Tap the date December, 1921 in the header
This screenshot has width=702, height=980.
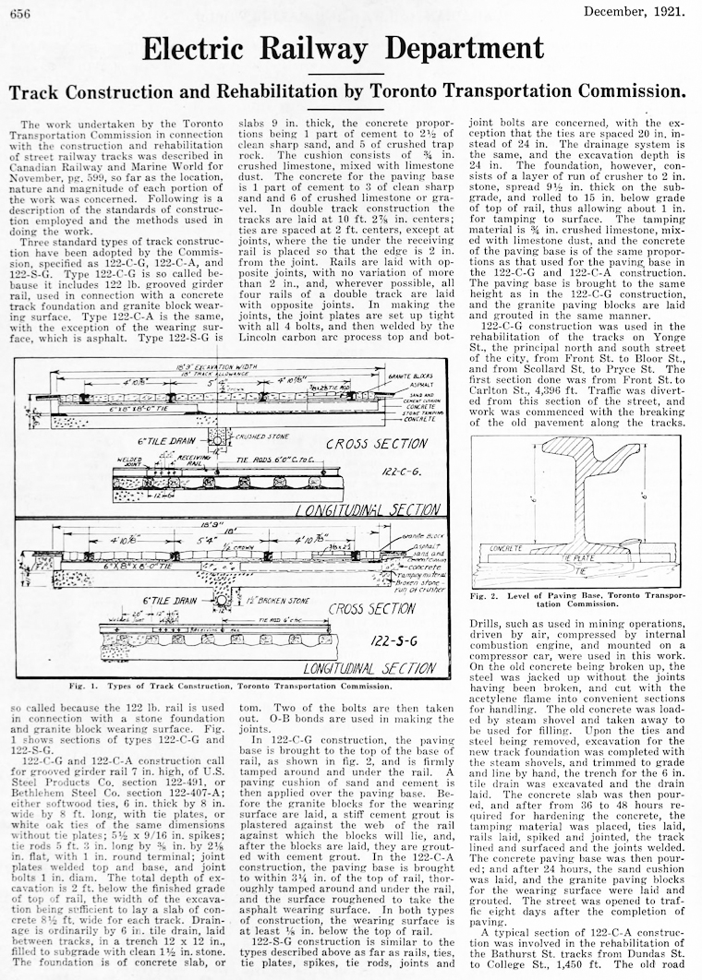pyautogui.click(x=635, y=11)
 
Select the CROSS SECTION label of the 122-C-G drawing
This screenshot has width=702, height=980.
pyautogui.click(x=378, y=444)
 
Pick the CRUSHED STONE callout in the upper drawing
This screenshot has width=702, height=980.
pyautogui.click(x=257, y=433)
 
